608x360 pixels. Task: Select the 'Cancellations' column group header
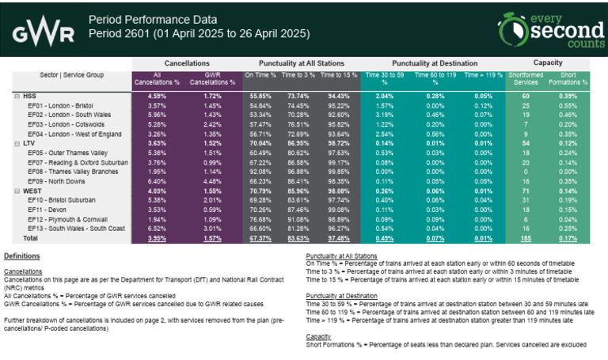(x=187, y=62)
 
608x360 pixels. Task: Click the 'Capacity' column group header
(x=547, y=62)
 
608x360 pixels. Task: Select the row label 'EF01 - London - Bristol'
(x=59, y=105)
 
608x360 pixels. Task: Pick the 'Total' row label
(x=30, y=237)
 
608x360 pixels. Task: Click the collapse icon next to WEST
(x=17, y=190)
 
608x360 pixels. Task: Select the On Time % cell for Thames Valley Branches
(x=260, y=171)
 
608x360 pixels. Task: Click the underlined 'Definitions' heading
(x=21, y=256)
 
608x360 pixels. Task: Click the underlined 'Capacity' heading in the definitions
(x=318, y=335)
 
